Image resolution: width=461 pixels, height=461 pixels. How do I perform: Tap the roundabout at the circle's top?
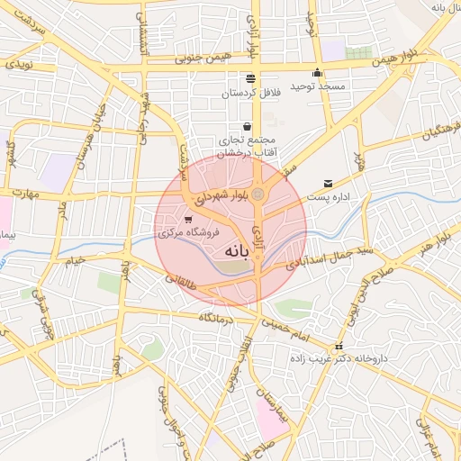tap(258, 194)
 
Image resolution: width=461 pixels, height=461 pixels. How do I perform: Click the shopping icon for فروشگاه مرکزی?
tap(187, 219)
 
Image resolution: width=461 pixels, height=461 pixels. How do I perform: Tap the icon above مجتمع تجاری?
tap(248, 126)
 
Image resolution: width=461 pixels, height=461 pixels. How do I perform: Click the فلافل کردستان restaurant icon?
tap(249, 77)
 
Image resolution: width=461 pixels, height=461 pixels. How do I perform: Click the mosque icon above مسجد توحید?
tap(317, 74)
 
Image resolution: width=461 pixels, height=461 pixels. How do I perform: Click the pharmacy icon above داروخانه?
tap(339, 346)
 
